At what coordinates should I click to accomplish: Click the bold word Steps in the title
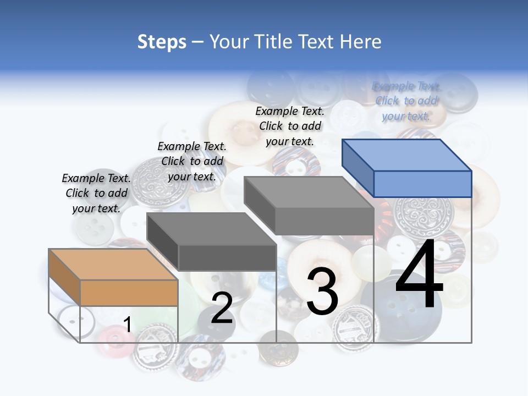tap(162, 42)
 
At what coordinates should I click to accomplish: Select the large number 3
tap(322, 291)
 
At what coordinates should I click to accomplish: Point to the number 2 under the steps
tap(222, 308)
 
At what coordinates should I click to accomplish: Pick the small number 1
tap(127, 325)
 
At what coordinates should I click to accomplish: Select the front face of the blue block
tap(422, 184)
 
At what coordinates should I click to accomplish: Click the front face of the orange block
tap(129, 293)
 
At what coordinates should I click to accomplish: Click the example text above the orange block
tap(96, 193)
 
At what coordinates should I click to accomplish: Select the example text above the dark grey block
tap(192, 161)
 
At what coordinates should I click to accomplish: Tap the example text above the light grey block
tap(290, 126)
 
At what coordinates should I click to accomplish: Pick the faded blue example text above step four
tap(406, 101)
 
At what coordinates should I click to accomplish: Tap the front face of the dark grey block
tap(227, 257)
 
